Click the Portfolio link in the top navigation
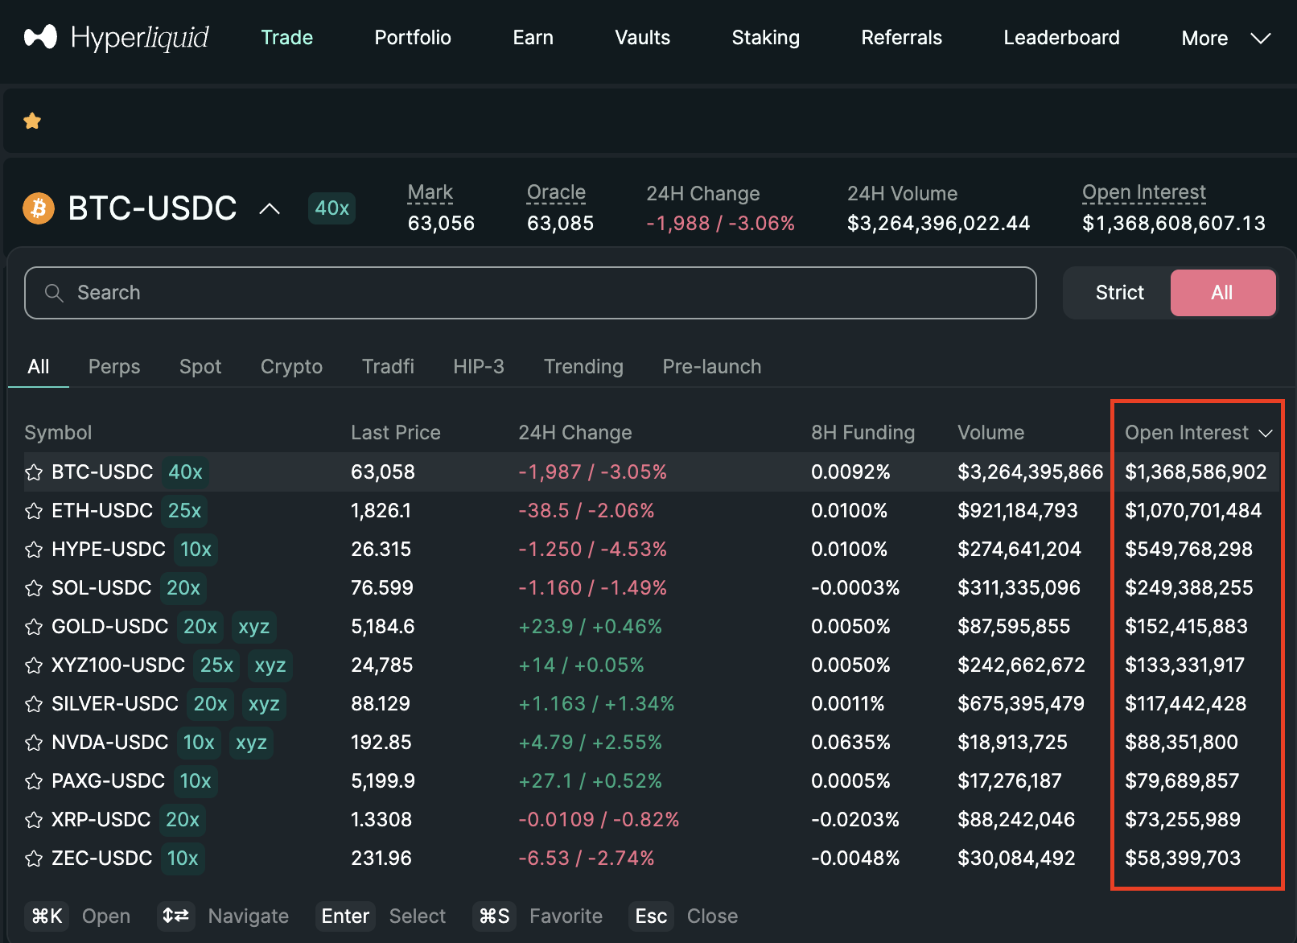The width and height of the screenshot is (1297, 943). [x=412, y=38]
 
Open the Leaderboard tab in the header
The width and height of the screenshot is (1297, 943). [x=1060, y=38]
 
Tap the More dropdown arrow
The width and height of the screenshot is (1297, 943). [x=1260, y=38]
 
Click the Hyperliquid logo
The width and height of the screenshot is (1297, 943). [x=117, y=37]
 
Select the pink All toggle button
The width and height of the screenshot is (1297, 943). [x=1221, y=293]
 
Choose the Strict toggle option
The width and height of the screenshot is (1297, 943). [x=1118, y=293]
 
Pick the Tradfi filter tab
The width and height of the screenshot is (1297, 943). [x=388, y=367]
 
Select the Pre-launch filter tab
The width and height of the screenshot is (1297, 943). [x=711, y=367]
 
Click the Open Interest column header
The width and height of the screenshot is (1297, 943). [x=1187, y=433]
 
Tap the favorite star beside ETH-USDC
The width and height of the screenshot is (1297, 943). [x=34, y=512]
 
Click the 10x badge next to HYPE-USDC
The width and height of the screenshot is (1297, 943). [x=196, y=550]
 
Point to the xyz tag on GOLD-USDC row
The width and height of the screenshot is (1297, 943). [x=253, y=627]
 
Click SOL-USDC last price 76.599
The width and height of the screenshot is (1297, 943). [x=381, y=588]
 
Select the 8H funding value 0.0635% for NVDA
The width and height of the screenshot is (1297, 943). [x=850, y=743]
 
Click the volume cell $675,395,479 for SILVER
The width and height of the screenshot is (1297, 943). [x=1020, y=704]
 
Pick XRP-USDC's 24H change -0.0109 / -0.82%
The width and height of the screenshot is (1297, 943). [x=599, y=820]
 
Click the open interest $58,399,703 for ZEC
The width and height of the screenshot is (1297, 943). [x=1182, y=859]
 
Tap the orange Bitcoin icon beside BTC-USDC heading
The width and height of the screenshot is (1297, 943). [x=39, y=209]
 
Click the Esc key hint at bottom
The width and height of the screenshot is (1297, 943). [x=650, y=916]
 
